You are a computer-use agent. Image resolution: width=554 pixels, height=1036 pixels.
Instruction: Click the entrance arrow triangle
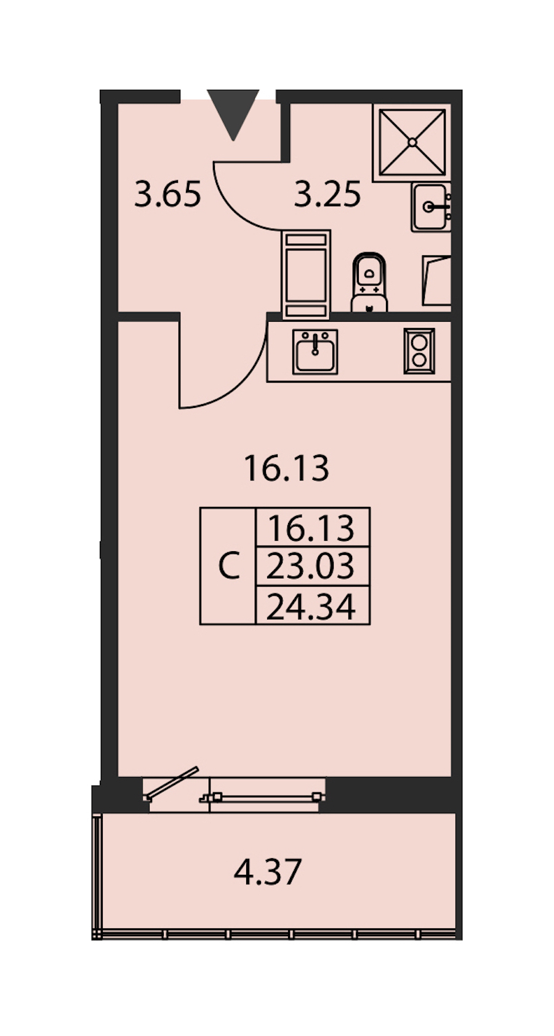233,111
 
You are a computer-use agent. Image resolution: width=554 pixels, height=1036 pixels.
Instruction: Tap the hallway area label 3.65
167,194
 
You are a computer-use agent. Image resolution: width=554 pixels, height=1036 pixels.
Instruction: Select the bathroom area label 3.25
327,194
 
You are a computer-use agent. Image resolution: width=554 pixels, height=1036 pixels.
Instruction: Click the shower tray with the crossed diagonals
412,143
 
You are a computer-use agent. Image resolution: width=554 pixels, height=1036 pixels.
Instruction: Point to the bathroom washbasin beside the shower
431,207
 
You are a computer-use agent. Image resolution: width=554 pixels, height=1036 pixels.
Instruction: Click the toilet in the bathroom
369,282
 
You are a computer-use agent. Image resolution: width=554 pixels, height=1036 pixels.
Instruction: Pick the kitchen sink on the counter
315,351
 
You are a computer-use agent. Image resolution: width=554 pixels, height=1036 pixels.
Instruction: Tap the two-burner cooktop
419,351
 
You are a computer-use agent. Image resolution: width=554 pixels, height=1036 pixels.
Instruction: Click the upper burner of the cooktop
419,343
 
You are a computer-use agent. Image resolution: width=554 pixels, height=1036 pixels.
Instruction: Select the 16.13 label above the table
286,469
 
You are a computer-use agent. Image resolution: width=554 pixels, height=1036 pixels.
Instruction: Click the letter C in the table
229,565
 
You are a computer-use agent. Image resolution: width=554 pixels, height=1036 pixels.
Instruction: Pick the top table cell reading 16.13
311,528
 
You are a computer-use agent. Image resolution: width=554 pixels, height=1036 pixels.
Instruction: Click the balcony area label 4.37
268,872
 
